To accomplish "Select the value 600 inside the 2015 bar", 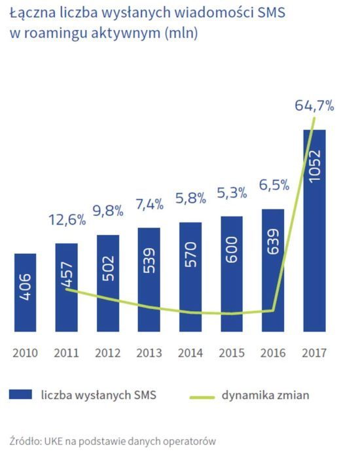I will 232,252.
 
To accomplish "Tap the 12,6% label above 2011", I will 67,219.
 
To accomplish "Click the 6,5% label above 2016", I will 273,185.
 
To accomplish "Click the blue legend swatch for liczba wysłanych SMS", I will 21,395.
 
